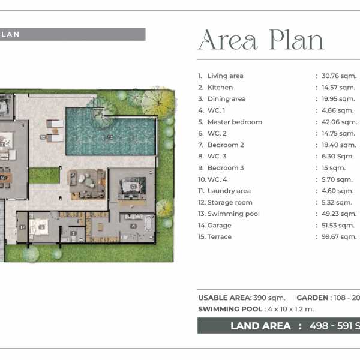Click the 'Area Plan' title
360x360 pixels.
tap(261, 40)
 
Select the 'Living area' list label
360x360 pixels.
tap(225, 76)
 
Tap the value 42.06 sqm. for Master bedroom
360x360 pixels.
tap(340, 122)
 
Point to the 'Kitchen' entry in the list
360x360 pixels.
tap(220, 88)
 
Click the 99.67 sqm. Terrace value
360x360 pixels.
tap(339, 237)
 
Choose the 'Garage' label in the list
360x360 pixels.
tap(219, 226)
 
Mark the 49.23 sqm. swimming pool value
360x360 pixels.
tap(339, 214)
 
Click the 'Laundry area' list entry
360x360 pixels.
tap(229, 191)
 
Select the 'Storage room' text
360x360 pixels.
tap(230, 202)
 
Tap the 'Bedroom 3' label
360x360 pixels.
tap(226, 168)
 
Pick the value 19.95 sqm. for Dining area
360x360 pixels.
tap(338, 99)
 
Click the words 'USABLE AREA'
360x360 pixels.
tap(224, 298)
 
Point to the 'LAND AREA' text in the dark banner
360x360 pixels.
tap(260, 326)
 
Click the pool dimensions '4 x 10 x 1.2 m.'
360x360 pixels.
tap(290, 309)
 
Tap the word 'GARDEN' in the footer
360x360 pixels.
tap(312, 298)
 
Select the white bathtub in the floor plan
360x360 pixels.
tap(149, 223)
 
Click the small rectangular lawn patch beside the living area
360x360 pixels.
tap(44, 175)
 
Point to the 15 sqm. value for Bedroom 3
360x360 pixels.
tap(334, 168)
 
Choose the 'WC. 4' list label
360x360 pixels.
tap(217, 179)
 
